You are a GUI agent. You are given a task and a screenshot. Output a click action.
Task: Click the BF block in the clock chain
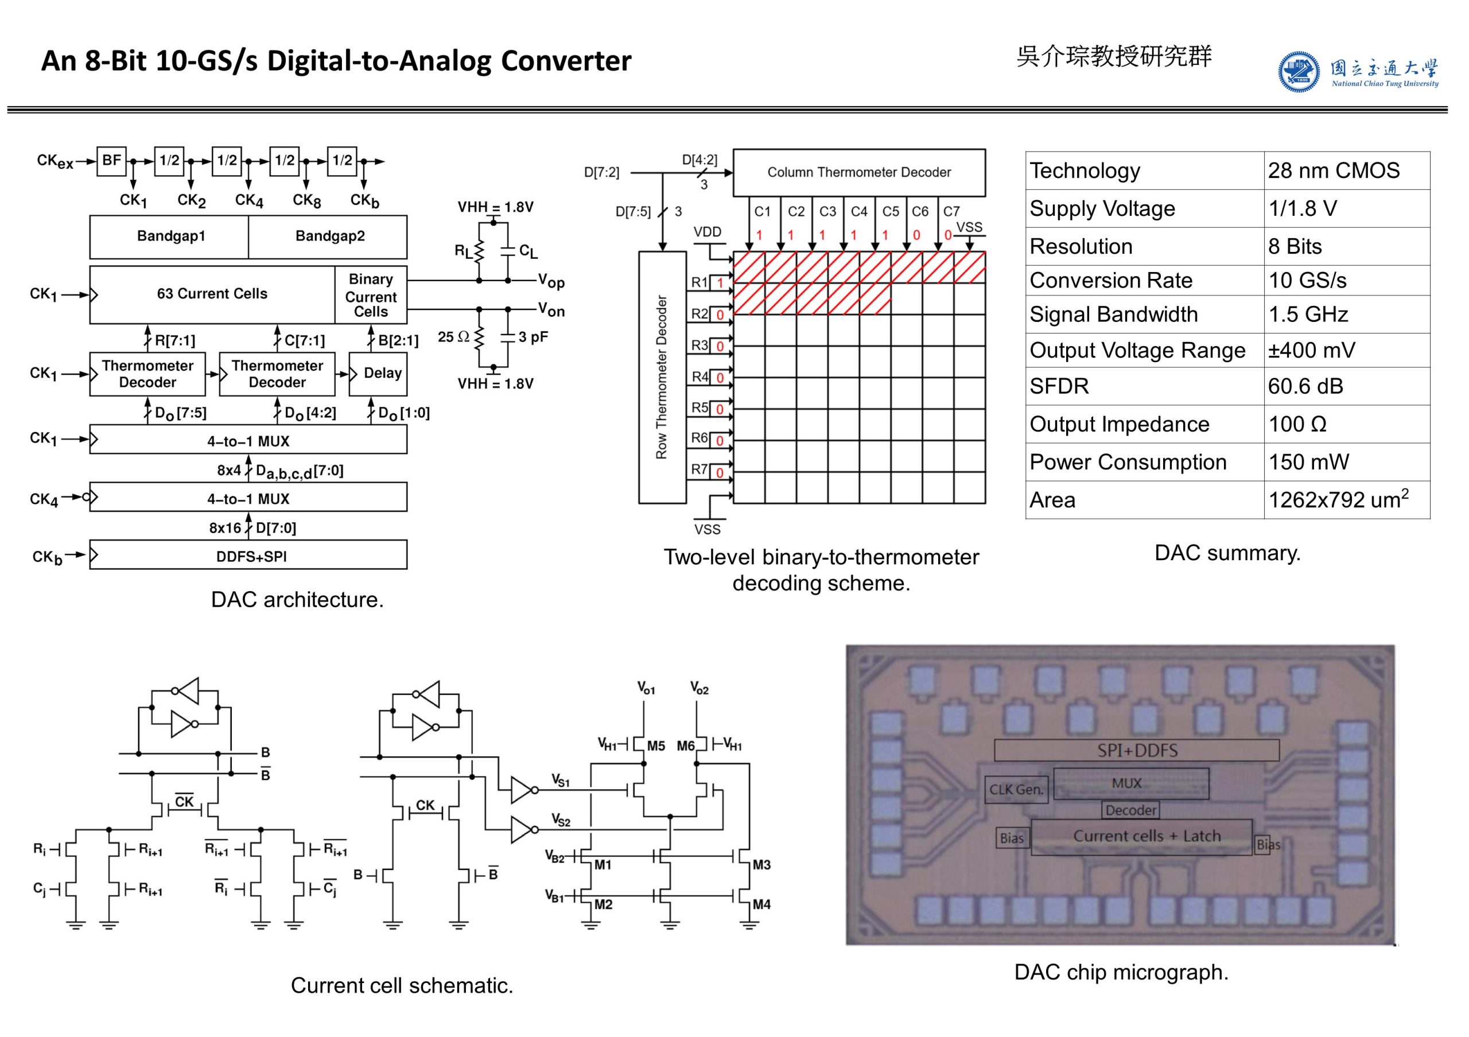tap(111, 161)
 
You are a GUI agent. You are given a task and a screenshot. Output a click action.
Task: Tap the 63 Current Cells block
tap(212, 294)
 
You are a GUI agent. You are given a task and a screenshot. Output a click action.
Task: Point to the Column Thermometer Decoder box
tap(858, 173)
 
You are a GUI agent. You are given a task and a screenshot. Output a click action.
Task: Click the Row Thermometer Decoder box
tap(662, 377)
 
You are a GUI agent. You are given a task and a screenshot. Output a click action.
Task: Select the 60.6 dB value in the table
tap(1305, 386)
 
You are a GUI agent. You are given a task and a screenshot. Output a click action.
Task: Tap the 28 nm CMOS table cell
tap(1334, 171)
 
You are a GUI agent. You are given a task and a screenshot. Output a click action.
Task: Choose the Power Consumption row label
tap(1128, 463)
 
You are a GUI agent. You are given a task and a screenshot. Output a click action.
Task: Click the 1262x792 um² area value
tap(1337, 500)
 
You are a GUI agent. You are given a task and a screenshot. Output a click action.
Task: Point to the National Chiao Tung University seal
tap(1298, 72)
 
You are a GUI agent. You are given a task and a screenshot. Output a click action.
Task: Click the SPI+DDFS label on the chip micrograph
tap(1137, 751)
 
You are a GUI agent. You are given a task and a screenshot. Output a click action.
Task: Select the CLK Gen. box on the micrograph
tap(1015, 790)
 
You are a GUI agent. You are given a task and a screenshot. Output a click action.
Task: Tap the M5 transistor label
tap(656, 746)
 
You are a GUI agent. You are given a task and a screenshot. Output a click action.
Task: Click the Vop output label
tap(551, 281)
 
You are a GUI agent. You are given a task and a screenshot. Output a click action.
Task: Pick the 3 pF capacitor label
tap(533, 337)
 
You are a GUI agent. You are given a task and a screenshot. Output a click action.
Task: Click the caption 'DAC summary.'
tap(1227, 553)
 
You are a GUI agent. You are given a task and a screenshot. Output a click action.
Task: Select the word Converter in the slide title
tap(566, 61)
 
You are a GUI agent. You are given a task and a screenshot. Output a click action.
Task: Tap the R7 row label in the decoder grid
tap(699, 469)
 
